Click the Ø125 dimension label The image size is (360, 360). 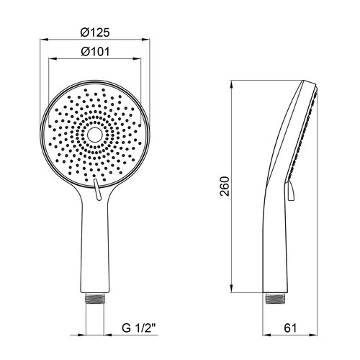coord(95,32)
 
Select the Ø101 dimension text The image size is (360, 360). coord(95,52)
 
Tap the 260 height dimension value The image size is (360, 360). coord(225,186)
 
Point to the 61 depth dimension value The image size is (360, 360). coord(290,328)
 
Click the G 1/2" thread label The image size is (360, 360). coord(139,328)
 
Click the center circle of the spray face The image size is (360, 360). coord(94,135)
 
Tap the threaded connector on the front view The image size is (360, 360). coord(95,298)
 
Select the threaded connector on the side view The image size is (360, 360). coord(275,298)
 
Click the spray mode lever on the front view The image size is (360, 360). coord(96,189)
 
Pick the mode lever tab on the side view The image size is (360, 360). coord(290,191)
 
